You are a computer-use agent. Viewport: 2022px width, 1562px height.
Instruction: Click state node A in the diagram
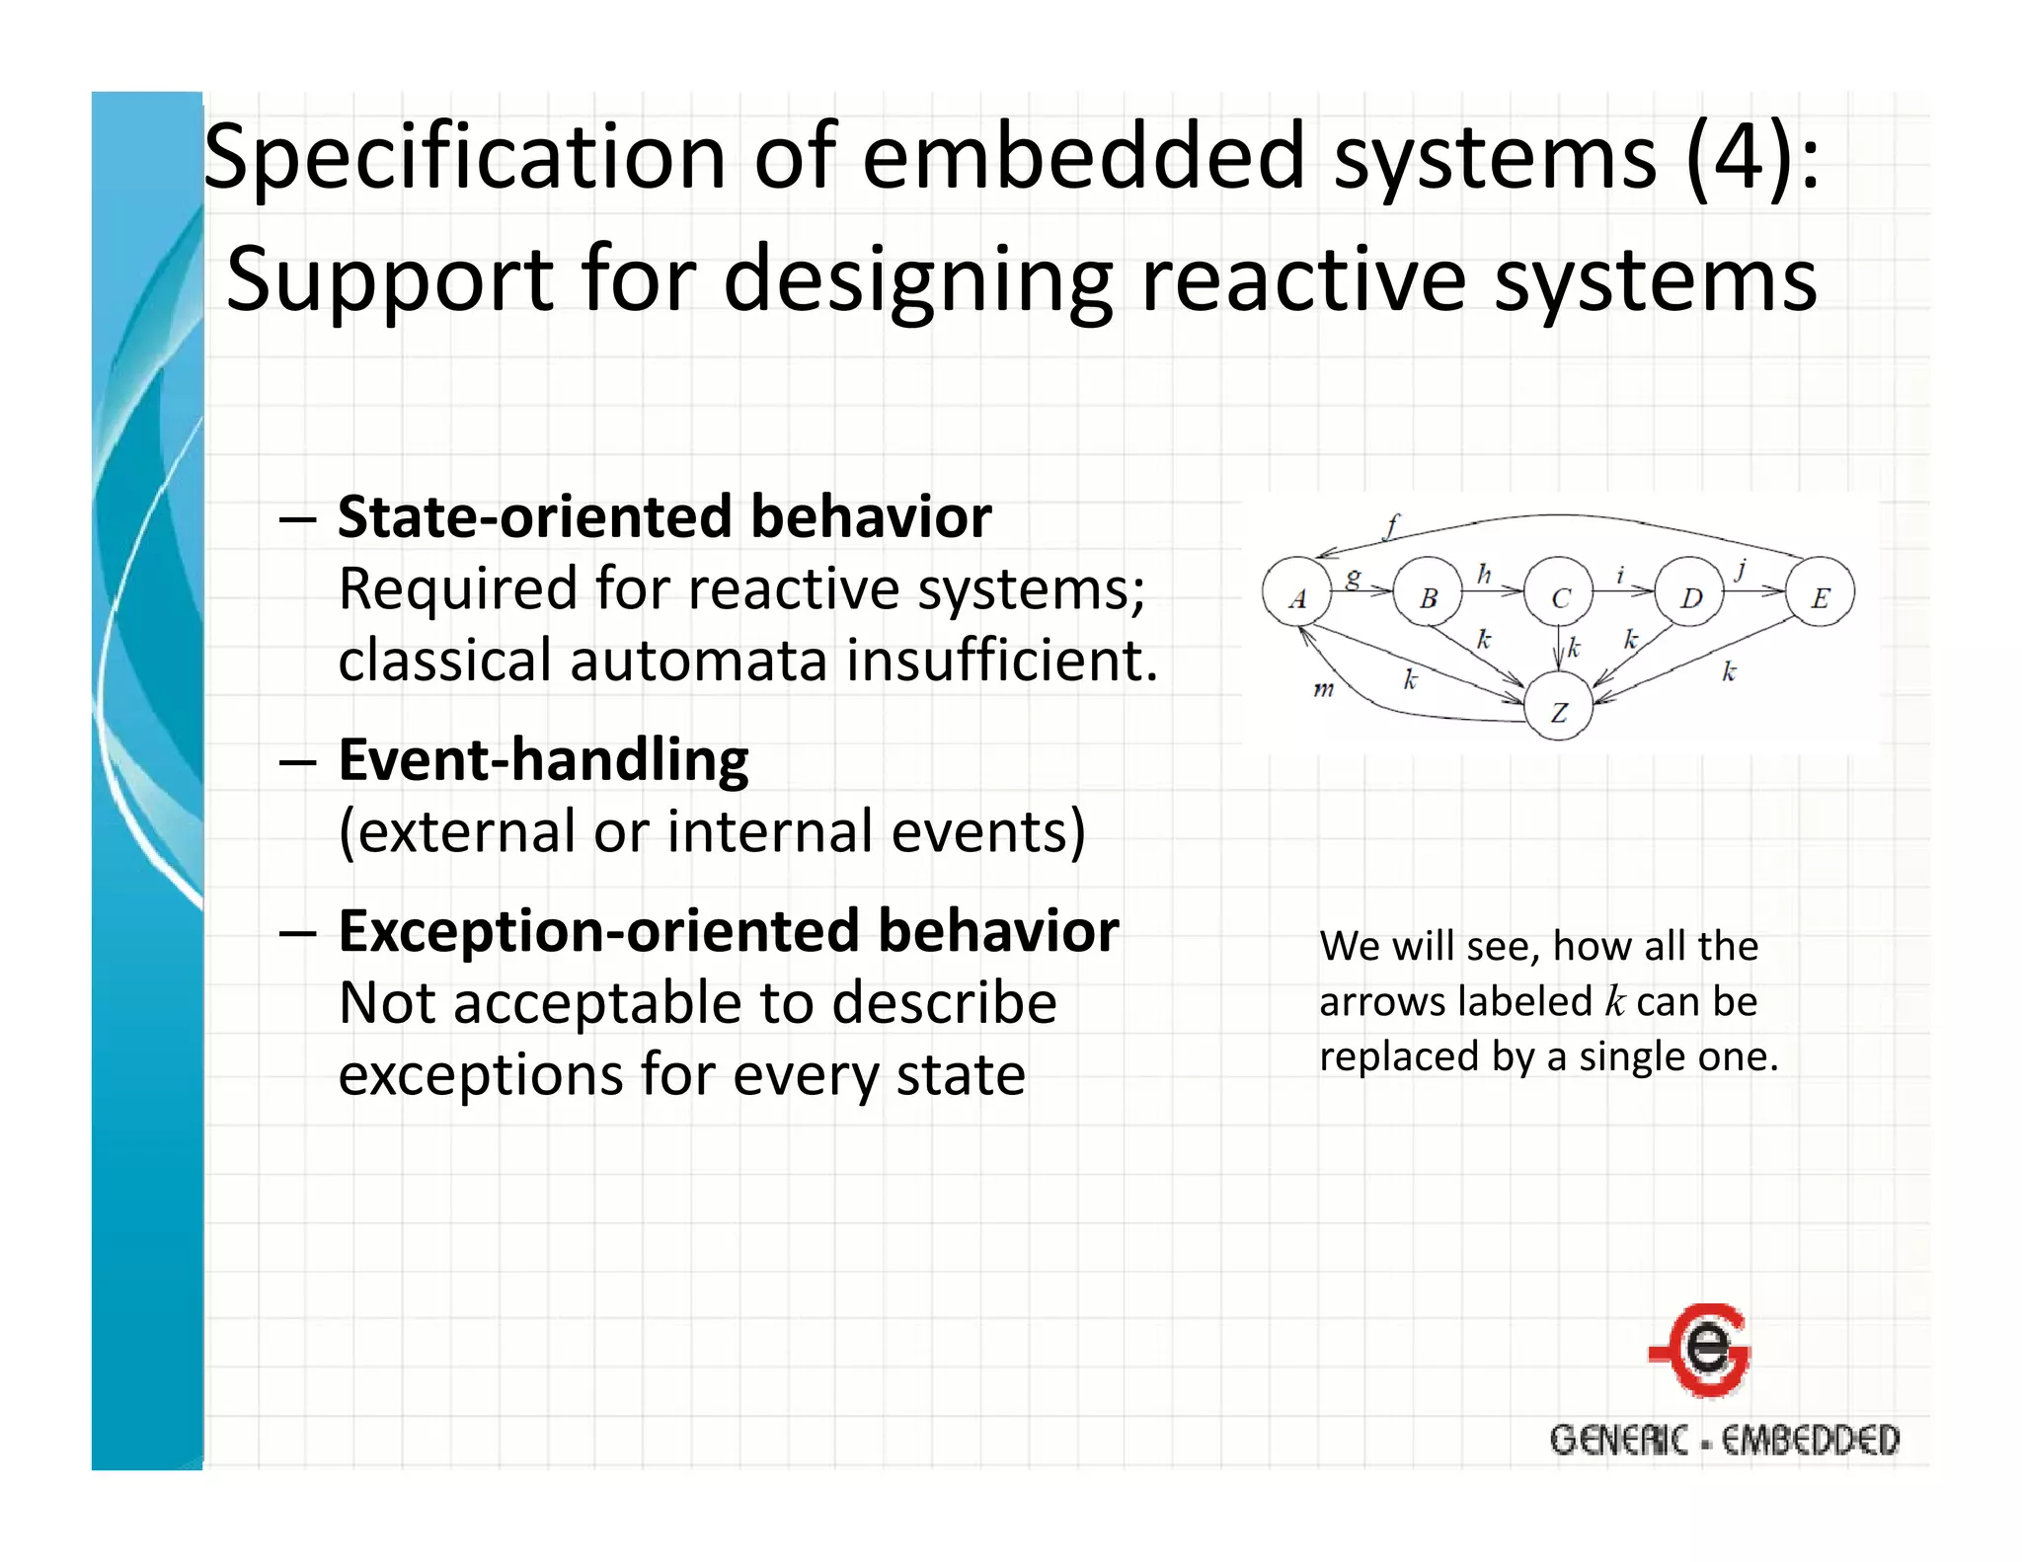pyautogui.click(x=1297, y=593)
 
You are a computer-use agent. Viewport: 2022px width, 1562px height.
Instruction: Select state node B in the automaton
pyautogui.click(x=1428, y=593)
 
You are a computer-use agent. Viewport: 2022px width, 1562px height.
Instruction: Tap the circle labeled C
pyautogui.click(x=1559, y=593)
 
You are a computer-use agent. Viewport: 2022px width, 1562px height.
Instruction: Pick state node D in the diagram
pyautogui.click(x=1690, y=593)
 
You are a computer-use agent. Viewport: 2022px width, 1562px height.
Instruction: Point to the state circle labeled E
pyautogui.click(x=1821, y=593)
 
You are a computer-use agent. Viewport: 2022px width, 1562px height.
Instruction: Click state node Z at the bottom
pyautogui.click(x=1559, y=708)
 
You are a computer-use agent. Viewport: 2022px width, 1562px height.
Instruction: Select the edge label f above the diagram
pyautogui.click(x=1392, y=524)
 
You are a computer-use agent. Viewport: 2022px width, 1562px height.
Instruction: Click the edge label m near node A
pyautogui.click(x=1323, y=688)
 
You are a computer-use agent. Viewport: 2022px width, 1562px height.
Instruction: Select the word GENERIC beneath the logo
pyautogui.click(x=1619, y=1440)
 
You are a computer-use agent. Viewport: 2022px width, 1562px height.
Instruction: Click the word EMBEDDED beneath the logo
pyautogui.click(x=1811, y=1440)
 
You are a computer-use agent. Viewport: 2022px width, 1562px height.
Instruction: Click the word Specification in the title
pyautogui.click(x=465, y=158)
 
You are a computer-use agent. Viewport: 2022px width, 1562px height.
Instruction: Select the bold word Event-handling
pyautogui.click(x=543, y=760)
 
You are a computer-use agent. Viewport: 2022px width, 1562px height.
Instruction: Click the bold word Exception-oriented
pyautogui.click(x=598, y=931)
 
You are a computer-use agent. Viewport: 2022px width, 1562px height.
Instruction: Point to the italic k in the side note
pyautogui.click(x=1615, y=1001)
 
